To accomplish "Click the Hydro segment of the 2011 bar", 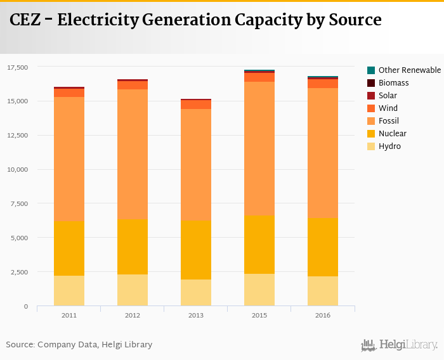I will [69, 291].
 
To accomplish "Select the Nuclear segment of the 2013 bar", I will [196, 250].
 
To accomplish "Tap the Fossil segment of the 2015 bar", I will [259, 148].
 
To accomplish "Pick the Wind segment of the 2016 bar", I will [323, 84].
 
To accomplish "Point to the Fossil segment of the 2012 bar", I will [133, 154].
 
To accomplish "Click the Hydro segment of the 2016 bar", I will [323, 291].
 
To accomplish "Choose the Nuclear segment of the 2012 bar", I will [133, 247].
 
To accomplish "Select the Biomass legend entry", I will [393, 82].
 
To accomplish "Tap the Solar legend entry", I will [388, 95].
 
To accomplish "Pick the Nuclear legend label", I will [392, 133].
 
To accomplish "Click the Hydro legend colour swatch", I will [371, 146].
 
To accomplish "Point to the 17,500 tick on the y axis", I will [18, 67].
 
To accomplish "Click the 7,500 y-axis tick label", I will [20, 203].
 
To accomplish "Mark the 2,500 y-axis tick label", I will [20, 272].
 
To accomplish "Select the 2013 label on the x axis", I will [196, 316].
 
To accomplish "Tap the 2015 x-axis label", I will [259, 316].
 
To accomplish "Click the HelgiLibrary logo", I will [400, 345].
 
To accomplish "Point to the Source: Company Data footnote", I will [79, 345].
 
